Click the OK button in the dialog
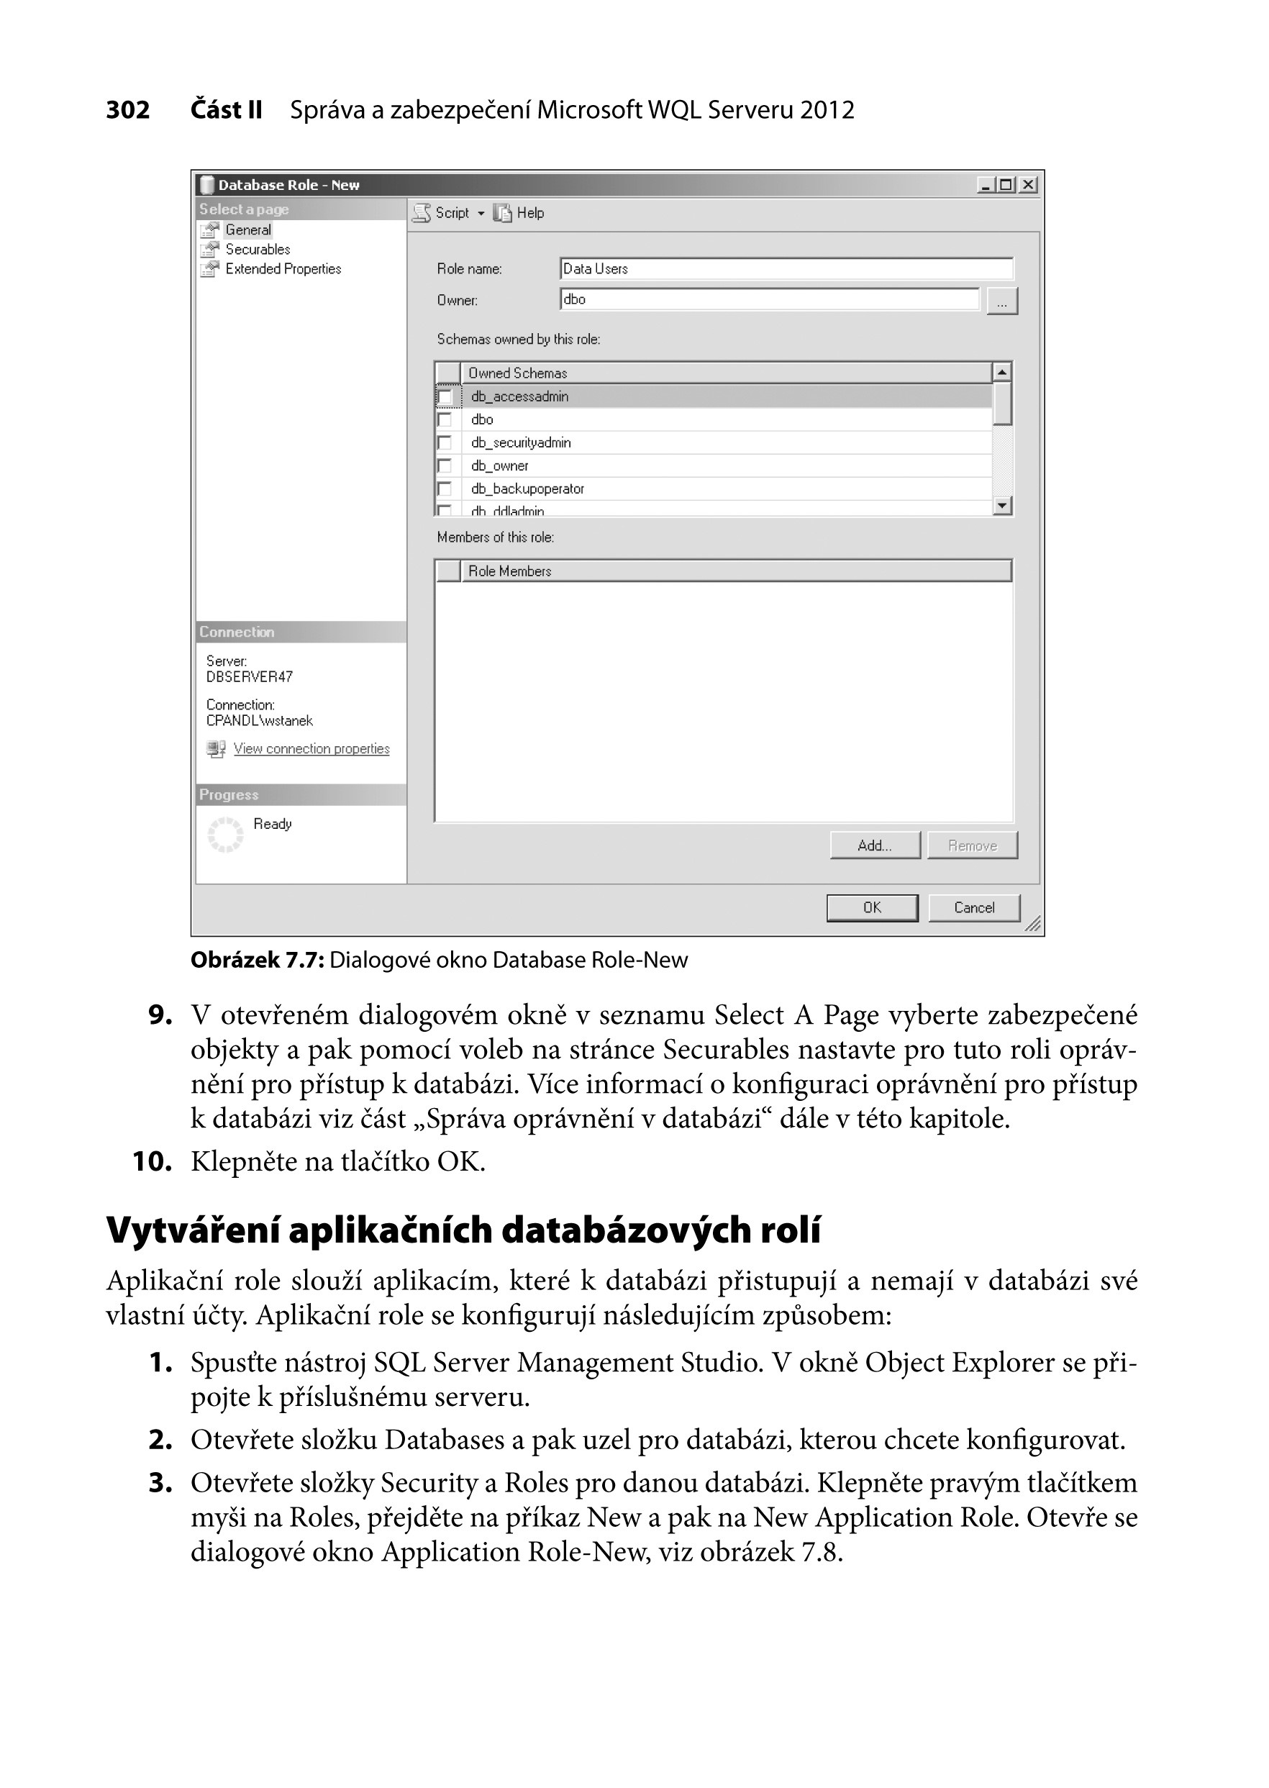click(871, 907)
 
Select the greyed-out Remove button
click(972, 845)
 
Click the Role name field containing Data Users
click(786, 269)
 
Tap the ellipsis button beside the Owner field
click(1002, 301)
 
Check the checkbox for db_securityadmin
click(445, 443)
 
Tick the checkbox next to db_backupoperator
click(445, 489)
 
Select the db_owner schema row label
click(500, 466)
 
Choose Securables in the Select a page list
click(257, 249)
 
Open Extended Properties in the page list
click(283, 269)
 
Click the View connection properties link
click(311, 748)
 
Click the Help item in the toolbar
click(529, 212)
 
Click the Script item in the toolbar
click(451, 212)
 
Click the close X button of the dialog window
click(1028, 185)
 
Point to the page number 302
click(127, 110)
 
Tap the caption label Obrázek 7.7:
click(257, 960)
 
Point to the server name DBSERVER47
click(249, 677)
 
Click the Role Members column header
click(509, 571)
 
